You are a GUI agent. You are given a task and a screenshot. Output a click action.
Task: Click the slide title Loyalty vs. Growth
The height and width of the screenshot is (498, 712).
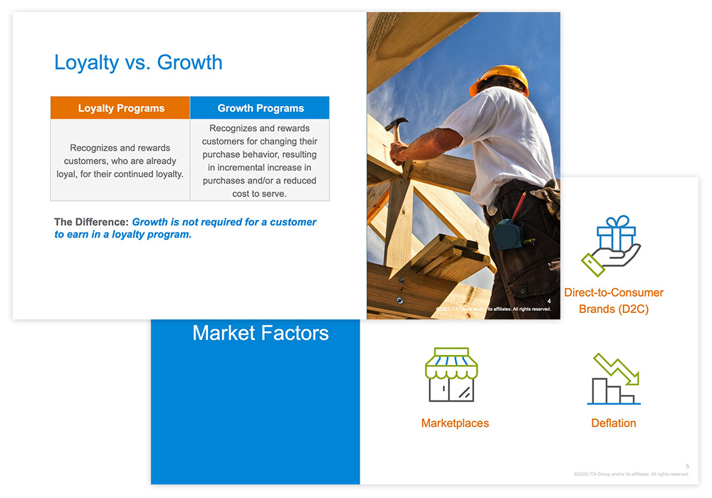[x=138, y=63]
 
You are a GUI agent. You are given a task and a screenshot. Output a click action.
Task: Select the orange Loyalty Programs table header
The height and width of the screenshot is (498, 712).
[x=121, y=108]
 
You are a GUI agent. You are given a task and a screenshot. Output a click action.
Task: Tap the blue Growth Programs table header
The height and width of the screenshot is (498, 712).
[x=261, y=108]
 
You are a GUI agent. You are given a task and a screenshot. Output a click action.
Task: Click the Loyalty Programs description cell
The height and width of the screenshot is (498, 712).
[x=120, y=161]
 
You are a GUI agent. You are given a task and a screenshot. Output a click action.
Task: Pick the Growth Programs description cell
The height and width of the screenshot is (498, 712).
[x=260, y=161]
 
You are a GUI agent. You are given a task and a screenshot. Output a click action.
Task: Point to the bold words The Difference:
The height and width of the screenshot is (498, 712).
[x=91, y=222]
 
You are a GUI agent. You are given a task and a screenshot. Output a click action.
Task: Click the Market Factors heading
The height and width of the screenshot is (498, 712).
[x=261, y=333]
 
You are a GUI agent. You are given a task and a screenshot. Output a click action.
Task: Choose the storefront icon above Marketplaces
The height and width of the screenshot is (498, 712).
[x=451, y=375]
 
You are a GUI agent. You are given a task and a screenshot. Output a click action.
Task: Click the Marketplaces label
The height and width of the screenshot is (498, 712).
[x=455, y=423]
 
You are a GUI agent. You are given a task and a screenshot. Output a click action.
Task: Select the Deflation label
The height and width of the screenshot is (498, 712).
[x=614, y=423]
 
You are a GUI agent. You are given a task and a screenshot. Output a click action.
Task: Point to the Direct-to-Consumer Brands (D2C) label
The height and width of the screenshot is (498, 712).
[x=613, y=301]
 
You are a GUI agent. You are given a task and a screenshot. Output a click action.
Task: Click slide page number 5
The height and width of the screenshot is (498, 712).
[x=687, y=466]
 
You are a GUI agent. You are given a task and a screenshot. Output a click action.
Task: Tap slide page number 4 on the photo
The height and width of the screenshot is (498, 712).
[x=549, y=302]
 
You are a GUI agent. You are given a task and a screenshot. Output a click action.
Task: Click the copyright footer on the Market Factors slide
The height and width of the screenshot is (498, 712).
[x=631, y=474]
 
